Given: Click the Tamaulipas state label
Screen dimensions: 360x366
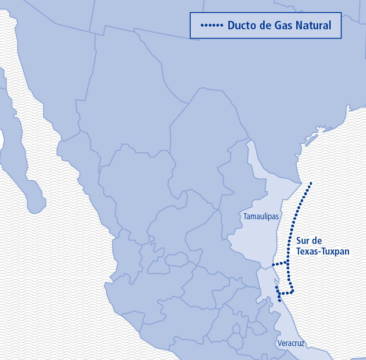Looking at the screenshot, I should [x=261, y=216].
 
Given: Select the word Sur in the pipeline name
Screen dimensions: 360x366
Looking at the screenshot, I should [x=303, y=241].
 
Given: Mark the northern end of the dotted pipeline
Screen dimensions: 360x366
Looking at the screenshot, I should [x=311, y=183].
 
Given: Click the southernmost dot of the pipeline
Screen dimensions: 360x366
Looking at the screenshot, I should [x=279, y=301].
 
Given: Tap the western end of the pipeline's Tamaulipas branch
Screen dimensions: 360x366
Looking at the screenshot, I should [x=273, y=264].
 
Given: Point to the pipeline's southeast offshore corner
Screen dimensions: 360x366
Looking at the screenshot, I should [x=293, y=292].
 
